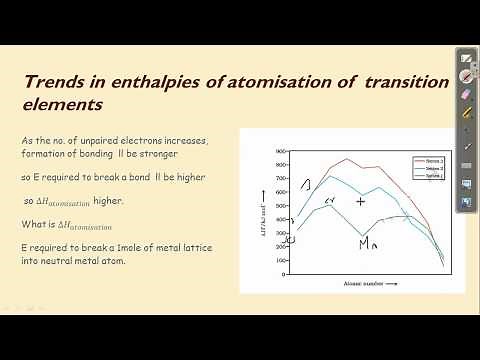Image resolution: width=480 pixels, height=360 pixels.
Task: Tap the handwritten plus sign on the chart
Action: (x=361, y=201)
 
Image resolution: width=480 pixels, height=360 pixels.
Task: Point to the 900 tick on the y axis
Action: (x=282, y=150)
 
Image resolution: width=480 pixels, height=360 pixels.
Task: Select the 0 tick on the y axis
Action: (x=283, y=265)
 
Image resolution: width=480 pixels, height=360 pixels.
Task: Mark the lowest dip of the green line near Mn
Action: (x=366, y=234)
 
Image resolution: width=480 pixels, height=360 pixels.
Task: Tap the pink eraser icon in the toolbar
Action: (x=466, y=92)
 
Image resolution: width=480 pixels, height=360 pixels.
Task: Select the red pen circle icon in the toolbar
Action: (x=466, y=74)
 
